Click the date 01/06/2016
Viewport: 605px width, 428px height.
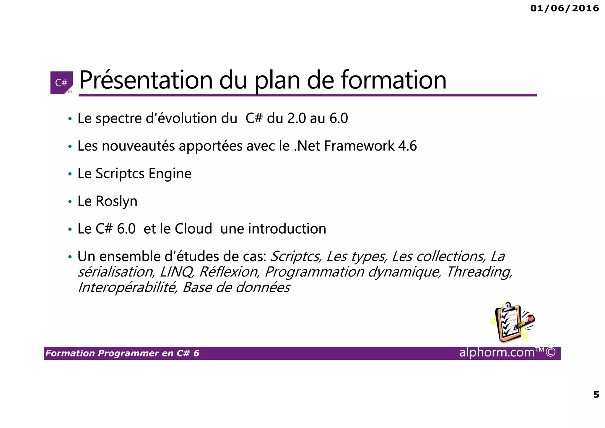(x=565, y=8)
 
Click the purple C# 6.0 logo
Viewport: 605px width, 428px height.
(x=61, y=83)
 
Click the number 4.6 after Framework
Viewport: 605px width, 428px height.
(x=407, y=146)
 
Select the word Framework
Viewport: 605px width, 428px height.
(x=359, y=146)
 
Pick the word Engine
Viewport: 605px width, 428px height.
(x=170, y=174)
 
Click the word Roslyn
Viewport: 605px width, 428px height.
(x=116, y=202)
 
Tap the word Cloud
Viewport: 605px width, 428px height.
(x=193, y=229)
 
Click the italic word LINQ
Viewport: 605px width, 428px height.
(x=177, y=272)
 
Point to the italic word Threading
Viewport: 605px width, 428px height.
(x=479, y=272)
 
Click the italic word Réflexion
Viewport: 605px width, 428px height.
(x=229, y=272)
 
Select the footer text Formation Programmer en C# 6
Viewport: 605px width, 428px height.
(x=122, y=353)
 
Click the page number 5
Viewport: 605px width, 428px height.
(x=596, y=395)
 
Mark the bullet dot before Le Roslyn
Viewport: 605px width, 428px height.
(x=70, y=202)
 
